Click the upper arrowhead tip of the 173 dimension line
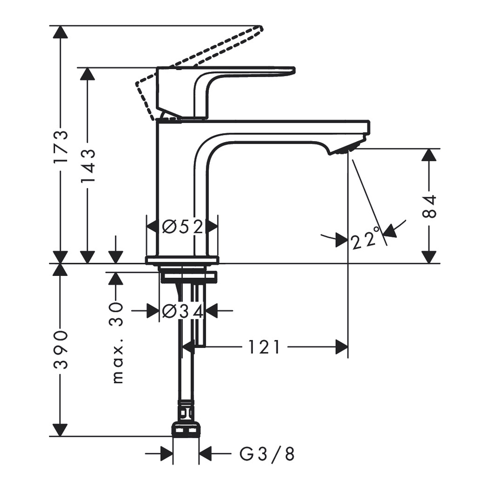tap(60, 25)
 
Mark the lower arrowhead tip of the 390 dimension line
tap(60, 436)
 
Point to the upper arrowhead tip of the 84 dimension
tap(429, 149)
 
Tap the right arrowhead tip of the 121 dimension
tap(348, 346)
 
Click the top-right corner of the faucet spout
tap(369, 121)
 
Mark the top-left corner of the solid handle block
tap(157, 67)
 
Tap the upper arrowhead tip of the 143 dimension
tap(88, 67)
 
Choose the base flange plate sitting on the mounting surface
tap(182, 260)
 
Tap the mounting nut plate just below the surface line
tap(189, 277)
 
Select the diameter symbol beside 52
tap(171, 226)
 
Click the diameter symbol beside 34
tap(171, 311)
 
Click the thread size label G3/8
tap(267, 454)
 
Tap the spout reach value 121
tap(264, 346)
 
